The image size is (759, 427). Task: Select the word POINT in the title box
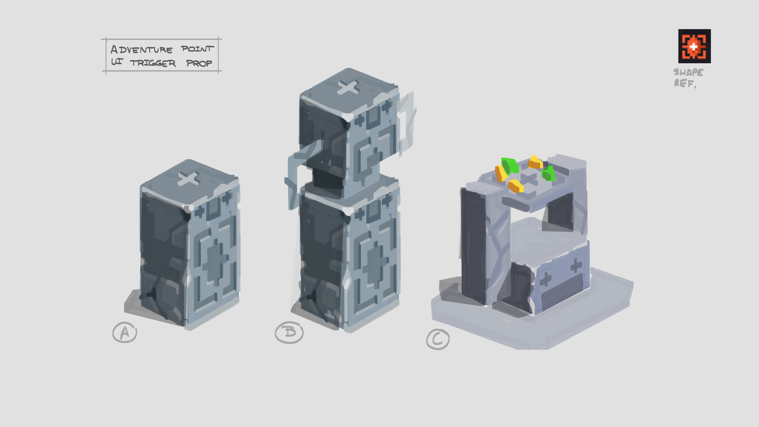(x=197, y=49)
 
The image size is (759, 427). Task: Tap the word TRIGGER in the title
(x=153, y=63)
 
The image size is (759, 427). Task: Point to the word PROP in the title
(x=199, y=63)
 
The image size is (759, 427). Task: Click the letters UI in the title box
(x=117, y=62)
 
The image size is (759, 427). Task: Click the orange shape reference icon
(x=695, y=46)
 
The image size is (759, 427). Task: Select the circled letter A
(x=125, y=332)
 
